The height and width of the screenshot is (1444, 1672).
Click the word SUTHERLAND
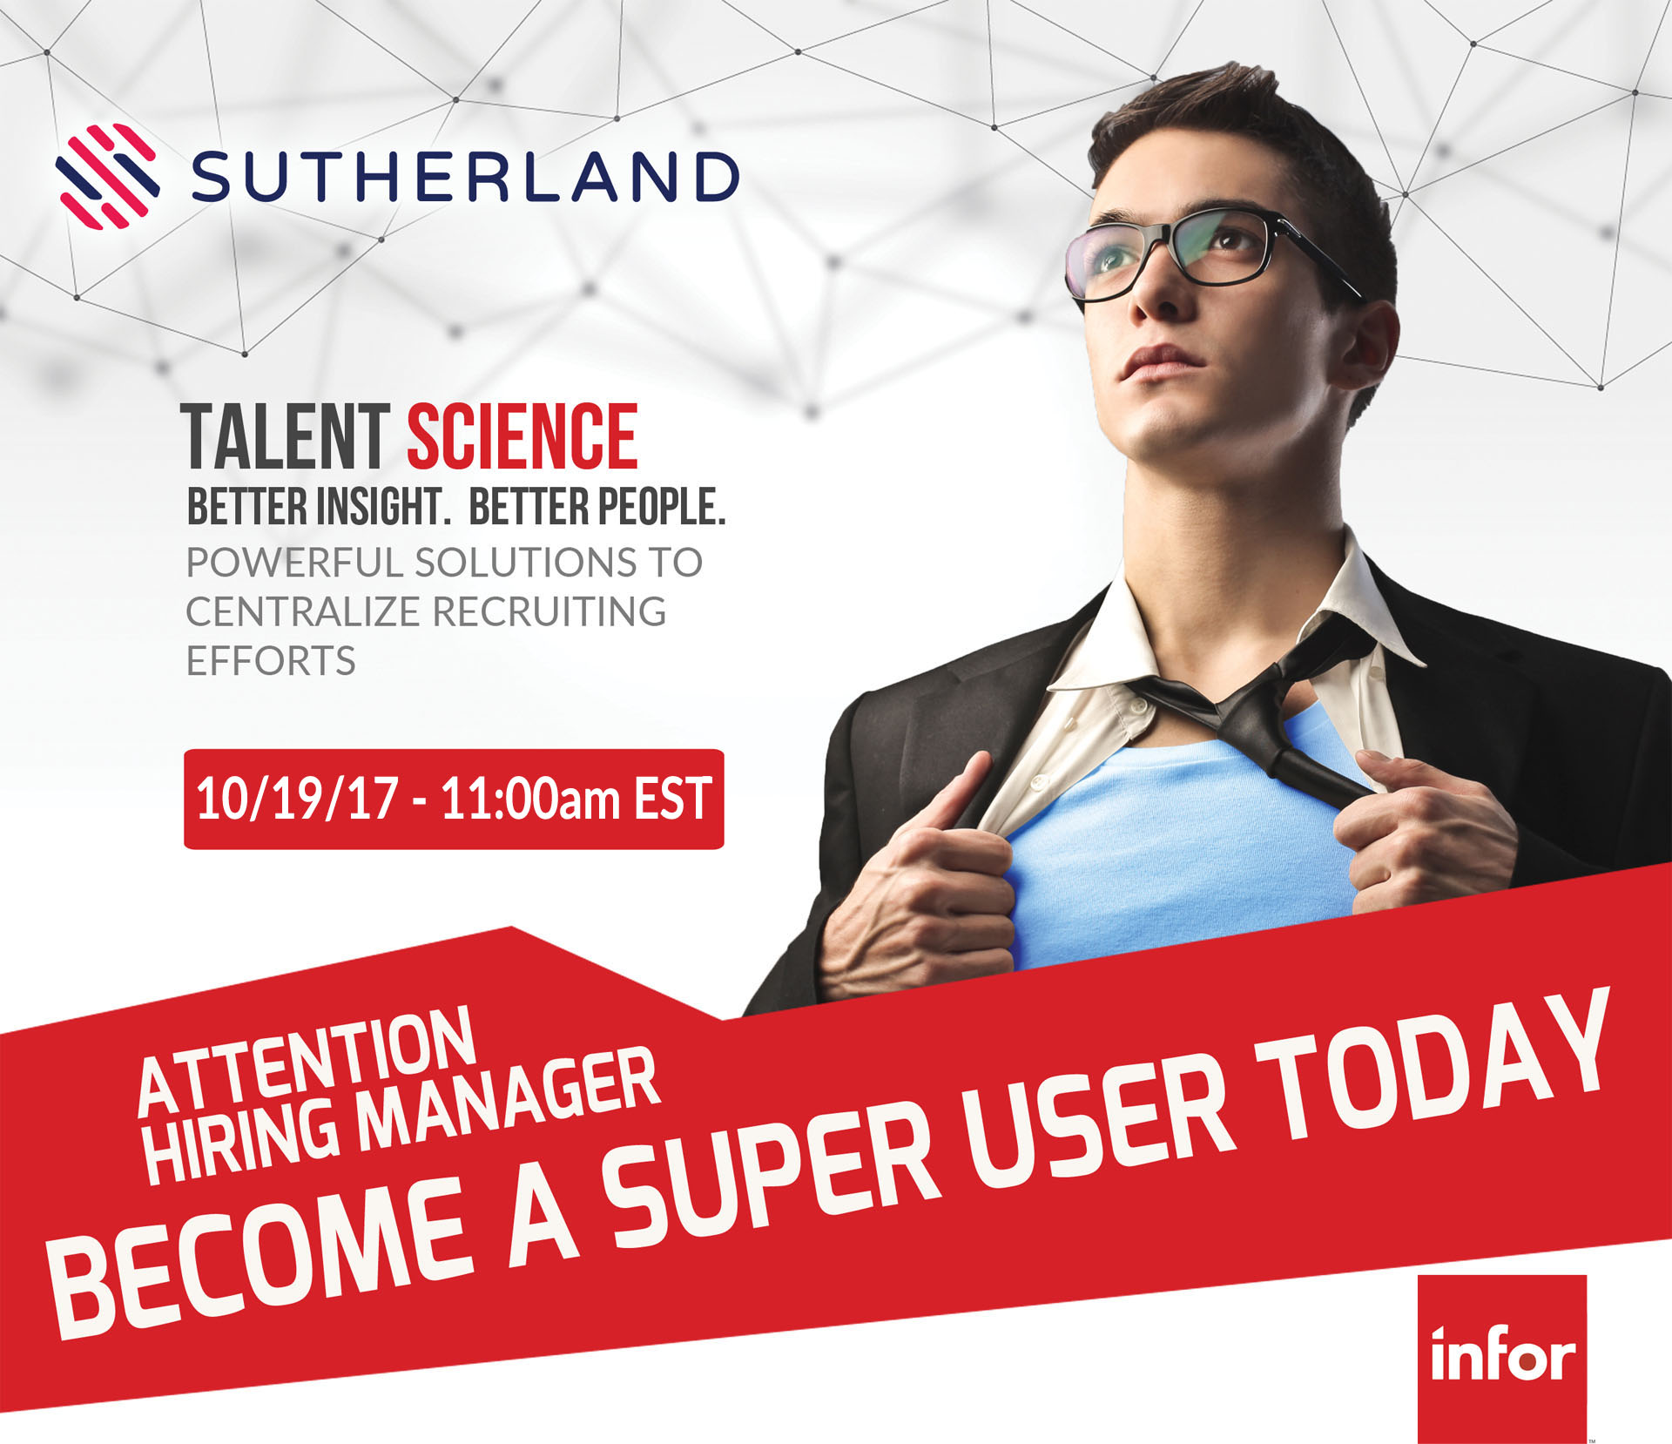click(x=465, y=178)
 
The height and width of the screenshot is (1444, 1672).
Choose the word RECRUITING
click(x=549, y=611)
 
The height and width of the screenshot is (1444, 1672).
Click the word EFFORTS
click(x=271, y=661)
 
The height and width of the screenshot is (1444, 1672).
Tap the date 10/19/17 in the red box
click(x=297, y=798)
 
